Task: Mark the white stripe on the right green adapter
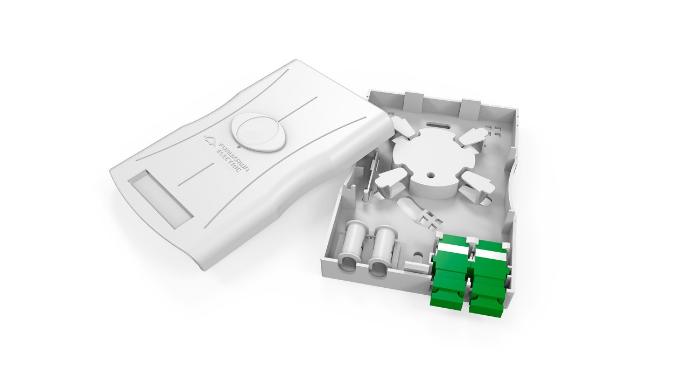pyautogui.click(x=491, y=253)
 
